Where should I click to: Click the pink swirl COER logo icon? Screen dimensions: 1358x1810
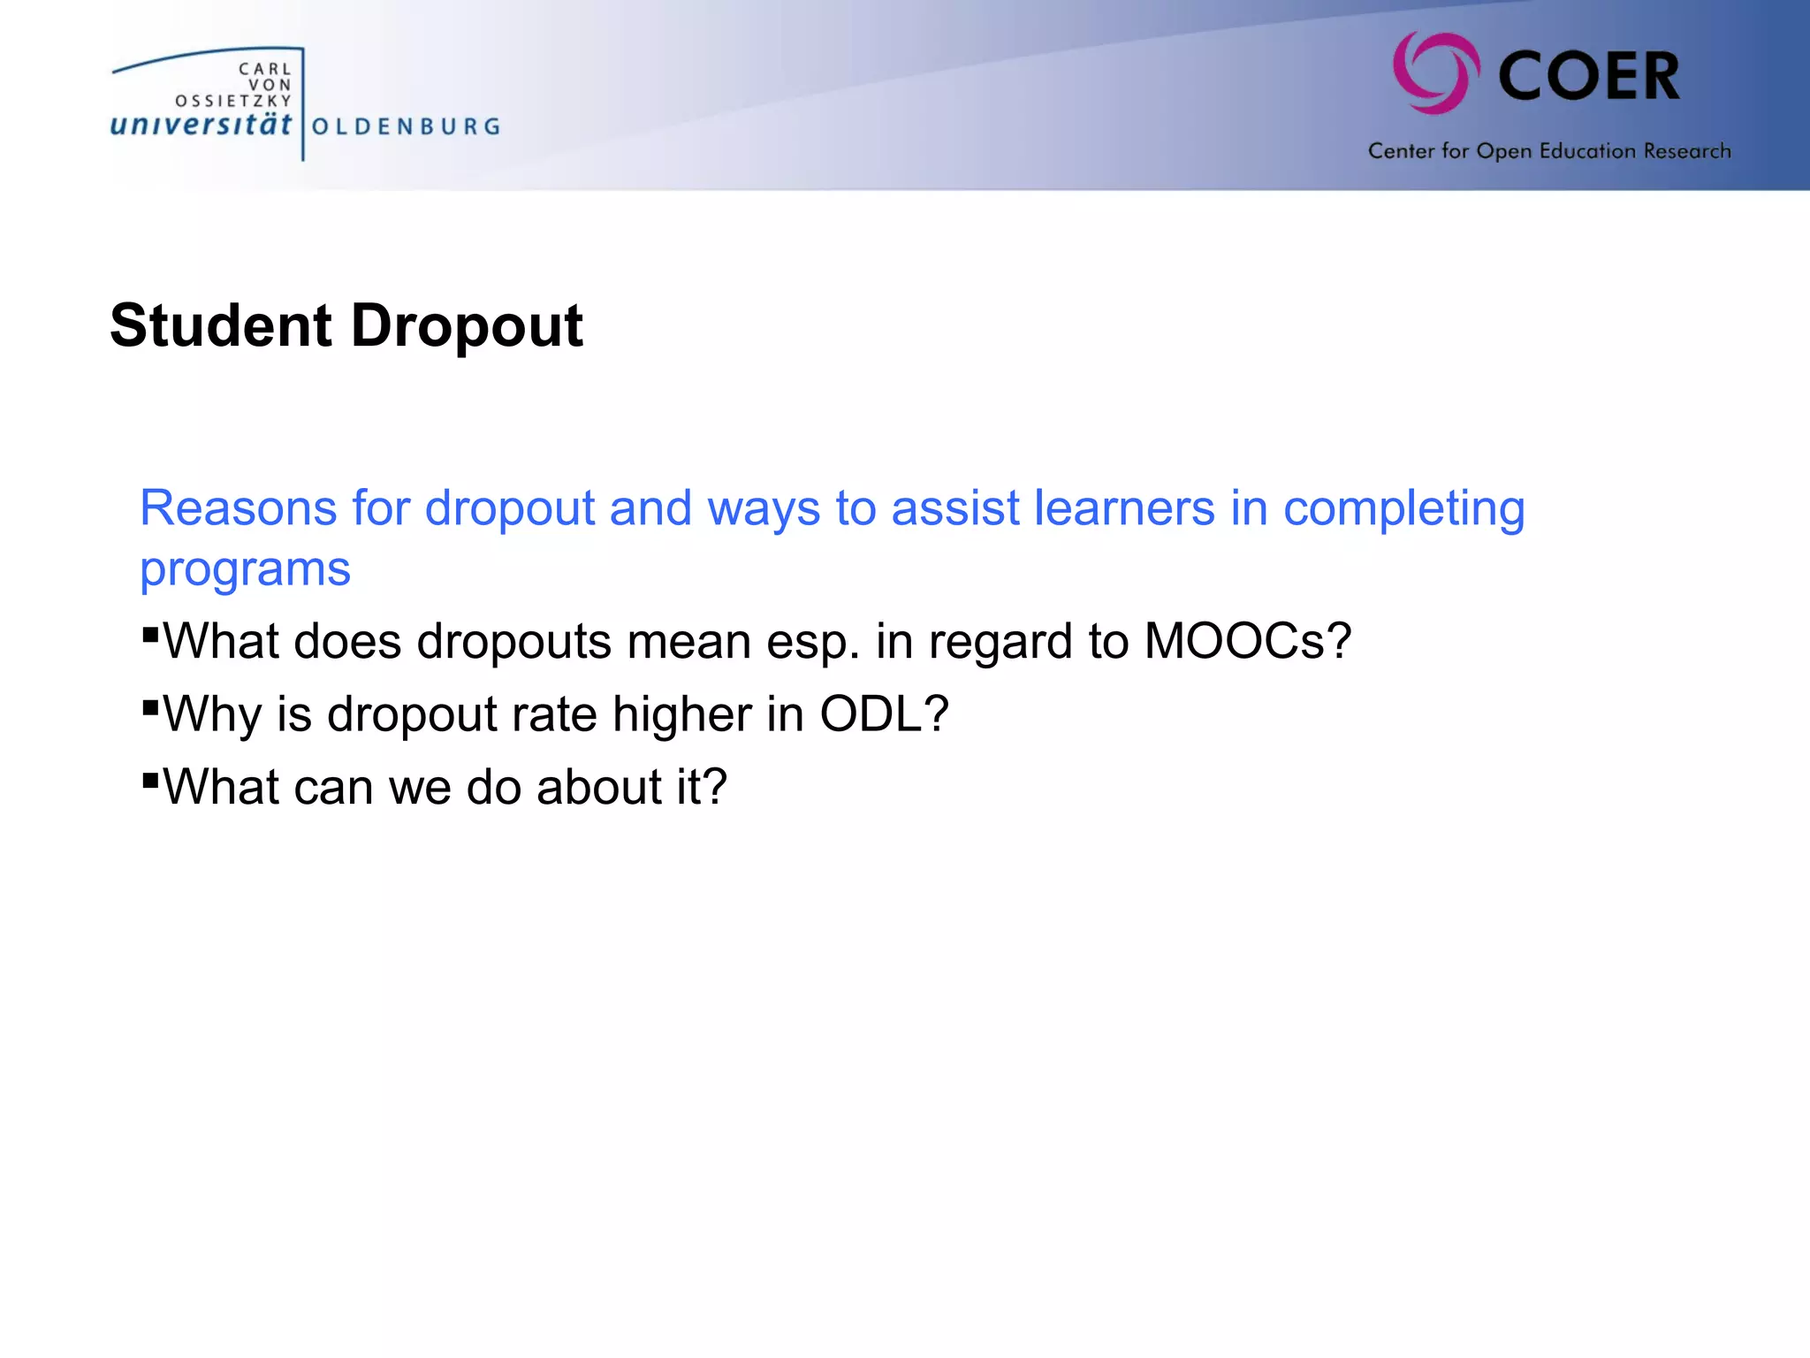pyautogui.click(x=1436, y=73)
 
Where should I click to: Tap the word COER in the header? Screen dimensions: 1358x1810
pyautogui.click(x=1589, y=76)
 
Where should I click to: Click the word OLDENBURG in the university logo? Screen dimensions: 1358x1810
pyautogui.click(x=407, y=126)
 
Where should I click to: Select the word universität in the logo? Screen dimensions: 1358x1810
pyautogui.click(x=201, y=125)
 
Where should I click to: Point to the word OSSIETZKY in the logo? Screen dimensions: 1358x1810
pyautogui.click(x=233, y=101)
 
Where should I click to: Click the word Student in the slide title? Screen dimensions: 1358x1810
pyautogui.click(x=221, y=325)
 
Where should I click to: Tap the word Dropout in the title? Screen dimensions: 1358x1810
pyautogui.click(x=467, y=327)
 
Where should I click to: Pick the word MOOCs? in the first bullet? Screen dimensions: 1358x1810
pyautogui.click(x=1247, y=641)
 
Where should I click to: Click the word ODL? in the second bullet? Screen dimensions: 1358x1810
pyautogui.click(x=884, y=713)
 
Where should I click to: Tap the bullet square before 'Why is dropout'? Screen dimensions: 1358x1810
pyautogui.click(x=150, y=706)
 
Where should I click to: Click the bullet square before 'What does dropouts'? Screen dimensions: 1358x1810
pyautogui.click(x=150, y=634)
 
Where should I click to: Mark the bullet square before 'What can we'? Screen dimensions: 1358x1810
pyautogui.click(x=150, y=780)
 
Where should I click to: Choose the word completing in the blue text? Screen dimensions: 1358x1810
pyautogui.click(x=1403, y=510)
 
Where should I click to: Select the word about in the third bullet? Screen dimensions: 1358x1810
pyautogui.click(x=598, y=786)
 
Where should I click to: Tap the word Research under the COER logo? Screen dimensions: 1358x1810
pyautogui.click(x=1687, y=151)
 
